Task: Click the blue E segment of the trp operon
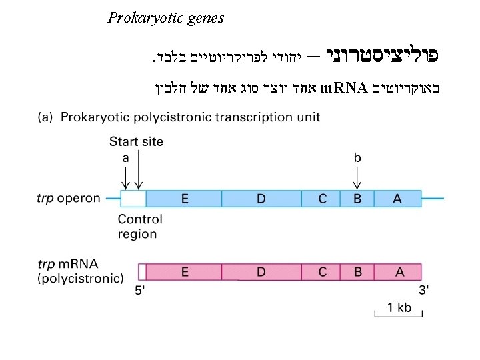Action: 183,199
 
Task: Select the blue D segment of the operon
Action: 261,199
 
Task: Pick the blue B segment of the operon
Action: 357,199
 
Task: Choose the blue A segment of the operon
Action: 397,199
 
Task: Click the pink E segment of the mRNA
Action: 183,271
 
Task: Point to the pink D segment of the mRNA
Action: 261,271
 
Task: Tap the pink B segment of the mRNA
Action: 357,271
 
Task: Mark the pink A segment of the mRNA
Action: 397,271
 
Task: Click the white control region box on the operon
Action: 133,199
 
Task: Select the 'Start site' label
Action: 136,141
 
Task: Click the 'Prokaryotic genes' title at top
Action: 165,18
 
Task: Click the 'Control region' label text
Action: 140,227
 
